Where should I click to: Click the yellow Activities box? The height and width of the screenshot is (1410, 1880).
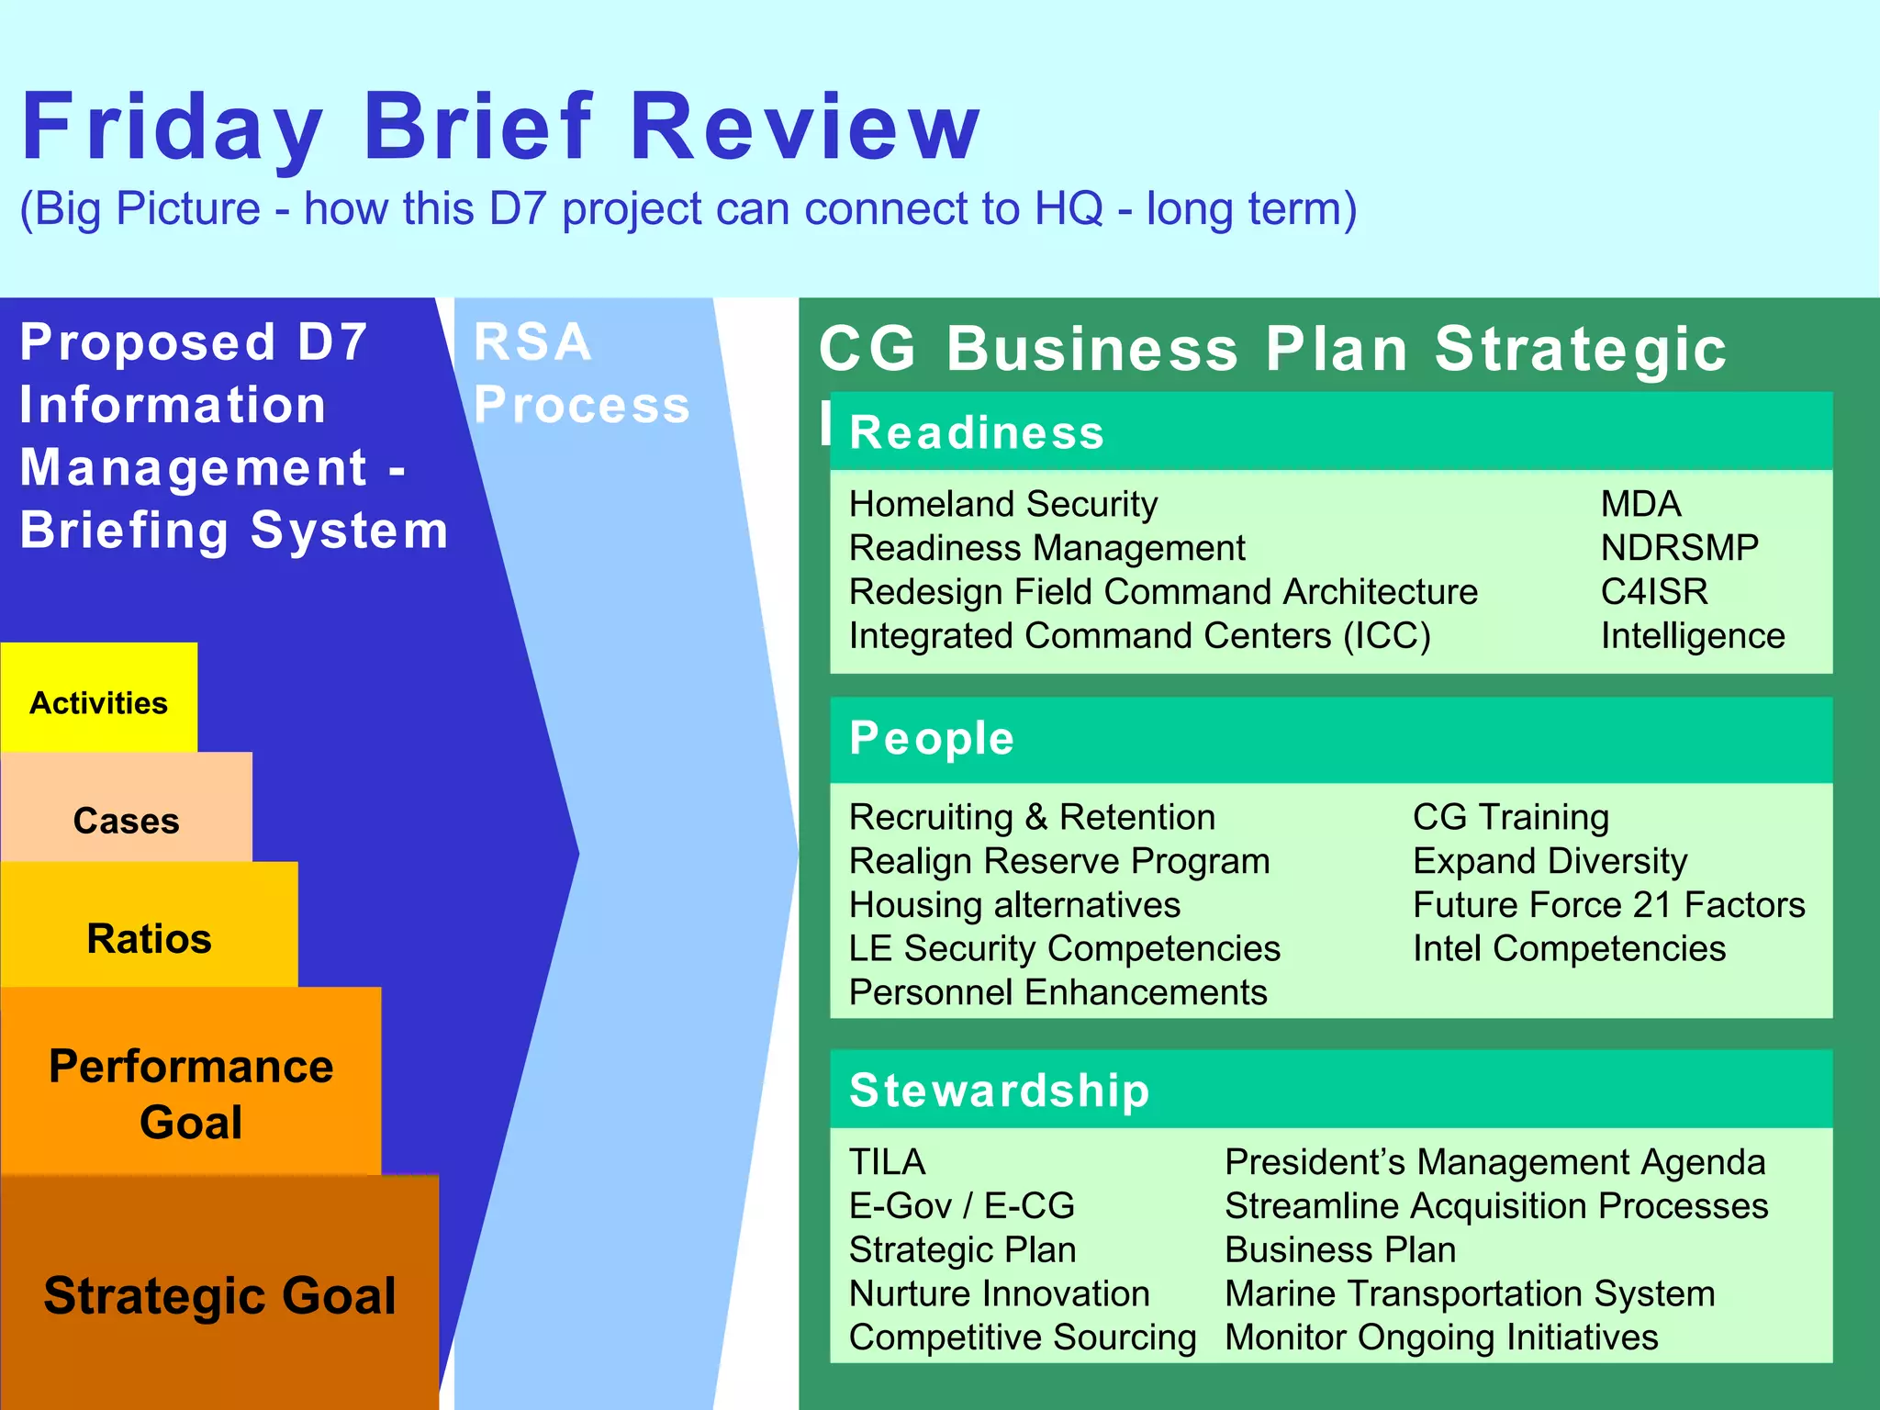click(98, 702)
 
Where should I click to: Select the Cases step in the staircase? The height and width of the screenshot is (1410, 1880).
click(126, 820)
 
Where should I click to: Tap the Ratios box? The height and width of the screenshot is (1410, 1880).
click(149, 938)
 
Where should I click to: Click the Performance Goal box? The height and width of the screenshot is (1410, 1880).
click(190, 1092)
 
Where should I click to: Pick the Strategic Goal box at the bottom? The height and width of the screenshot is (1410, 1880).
click(219, 1295)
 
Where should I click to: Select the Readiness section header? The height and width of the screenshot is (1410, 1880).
click(976, 432)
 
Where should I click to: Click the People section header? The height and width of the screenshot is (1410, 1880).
click(932, 738)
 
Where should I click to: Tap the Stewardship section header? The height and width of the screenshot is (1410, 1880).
click(999, 1090)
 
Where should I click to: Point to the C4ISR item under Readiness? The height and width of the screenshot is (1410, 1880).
click(1654, 591)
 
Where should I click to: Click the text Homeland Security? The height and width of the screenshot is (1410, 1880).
click(1002, 503)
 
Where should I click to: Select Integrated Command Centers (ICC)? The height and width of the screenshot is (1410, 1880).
click(1139, 635)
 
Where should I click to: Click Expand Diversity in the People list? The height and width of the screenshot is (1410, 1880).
click(1550, 860)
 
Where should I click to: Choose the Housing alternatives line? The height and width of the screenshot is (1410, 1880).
click(1014, 904)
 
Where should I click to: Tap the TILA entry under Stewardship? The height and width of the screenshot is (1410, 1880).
click(887, 1161)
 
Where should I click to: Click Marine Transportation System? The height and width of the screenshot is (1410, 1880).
click(1470, 1293)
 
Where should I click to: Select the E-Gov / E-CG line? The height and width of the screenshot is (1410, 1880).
click(961, 1205)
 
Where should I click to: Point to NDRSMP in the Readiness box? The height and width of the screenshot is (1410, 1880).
click(1679, 547)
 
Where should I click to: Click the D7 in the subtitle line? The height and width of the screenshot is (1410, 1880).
click(517, 208)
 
